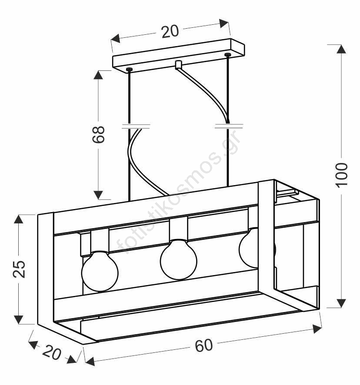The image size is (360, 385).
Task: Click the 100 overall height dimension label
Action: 342,175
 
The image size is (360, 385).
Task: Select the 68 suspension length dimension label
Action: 98,134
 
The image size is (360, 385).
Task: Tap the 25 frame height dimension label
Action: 19,269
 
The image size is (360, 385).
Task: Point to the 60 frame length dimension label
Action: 204,345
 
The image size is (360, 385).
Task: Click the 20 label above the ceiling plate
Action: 170,31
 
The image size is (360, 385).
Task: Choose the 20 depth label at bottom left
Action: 52,352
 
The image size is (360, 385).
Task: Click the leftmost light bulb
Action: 100,271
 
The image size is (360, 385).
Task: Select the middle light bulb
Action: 179,260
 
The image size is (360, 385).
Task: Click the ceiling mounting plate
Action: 179,56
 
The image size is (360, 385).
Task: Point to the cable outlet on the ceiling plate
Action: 178,65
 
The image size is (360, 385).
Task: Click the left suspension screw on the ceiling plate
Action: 129,70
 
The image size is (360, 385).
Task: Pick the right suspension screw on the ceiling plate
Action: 227,55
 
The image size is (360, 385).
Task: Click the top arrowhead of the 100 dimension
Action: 341,49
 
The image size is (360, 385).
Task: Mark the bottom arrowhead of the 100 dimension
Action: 341,303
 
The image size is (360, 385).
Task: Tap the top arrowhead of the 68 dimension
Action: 98,75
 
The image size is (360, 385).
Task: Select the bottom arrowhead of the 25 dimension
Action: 18,320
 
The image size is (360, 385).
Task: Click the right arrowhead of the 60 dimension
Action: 317,329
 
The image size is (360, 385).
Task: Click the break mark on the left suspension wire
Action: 136,126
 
